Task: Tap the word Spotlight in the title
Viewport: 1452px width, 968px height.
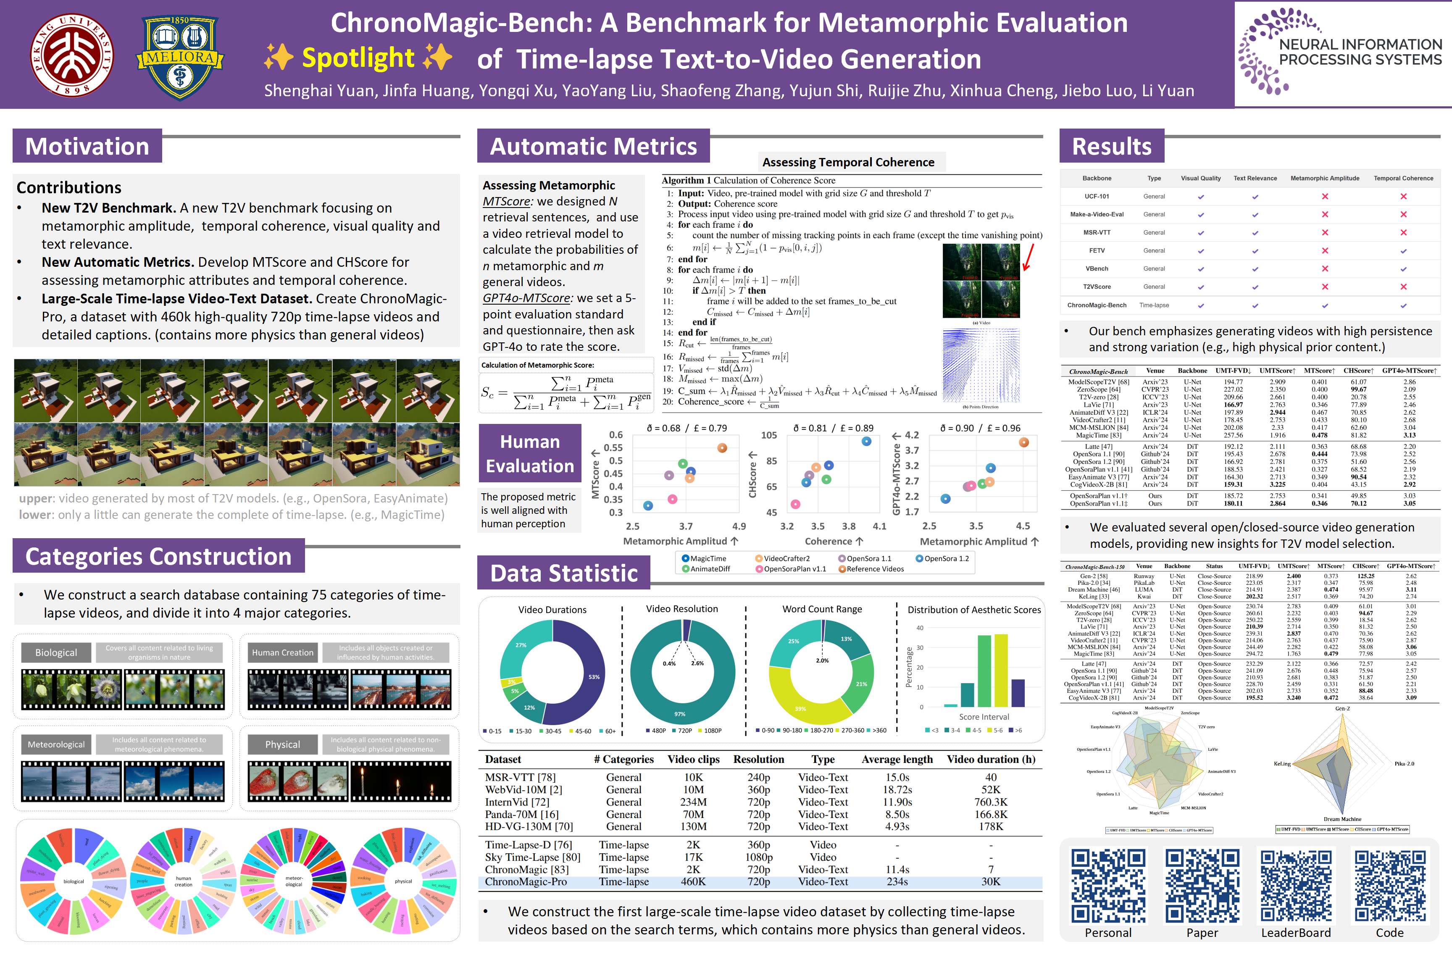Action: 358,58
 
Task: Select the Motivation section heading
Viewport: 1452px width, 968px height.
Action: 87,146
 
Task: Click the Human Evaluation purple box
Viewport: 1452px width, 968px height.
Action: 530,453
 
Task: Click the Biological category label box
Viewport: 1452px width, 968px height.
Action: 56,652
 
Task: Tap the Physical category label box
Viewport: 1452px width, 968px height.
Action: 283,744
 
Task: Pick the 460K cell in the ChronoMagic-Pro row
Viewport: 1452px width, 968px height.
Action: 693,881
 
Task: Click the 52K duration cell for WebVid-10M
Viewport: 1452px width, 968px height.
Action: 990,789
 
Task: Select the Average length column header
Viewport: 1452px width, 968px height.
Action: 897,759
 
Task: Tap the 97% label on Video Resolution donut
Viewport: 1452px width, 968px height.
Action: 680,714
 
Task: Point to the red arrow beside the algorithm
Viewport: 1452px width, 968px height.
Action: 1028,258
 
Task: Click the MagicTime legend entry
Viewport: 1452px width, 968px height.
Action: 704,559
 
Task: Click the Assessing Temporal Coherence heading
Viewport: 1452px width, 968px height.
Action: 848,162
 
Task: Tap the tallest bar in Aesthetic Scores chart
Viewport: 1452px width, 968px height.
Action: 1001,670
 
